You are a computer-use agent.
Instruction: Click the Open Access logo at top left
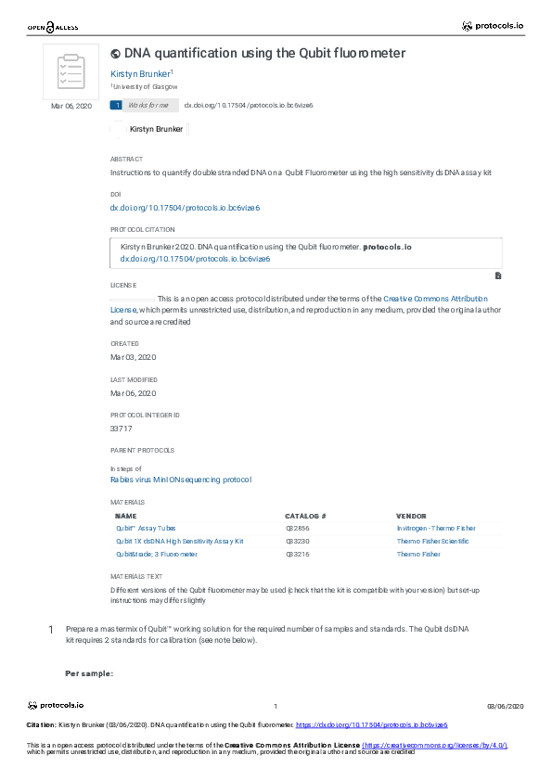(x=53, y=28)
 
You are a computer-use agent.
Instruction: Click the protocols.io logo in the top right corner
(x=494, y=26)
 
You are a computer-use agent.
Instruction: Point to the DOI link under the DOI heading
(x=185, y=209)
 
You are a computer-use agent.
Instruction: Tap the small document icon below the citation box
(x=498, y=275)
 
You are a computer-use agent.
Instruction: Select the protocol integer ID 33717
(x=122, y=429)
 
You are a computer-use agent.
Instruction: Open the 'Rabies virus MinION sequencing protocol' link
(x=181, y=480)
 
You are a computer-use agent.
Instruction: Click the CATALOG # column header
(x=305, y=515)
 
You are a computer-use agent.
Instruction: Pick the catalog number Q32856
(x=298, y=528)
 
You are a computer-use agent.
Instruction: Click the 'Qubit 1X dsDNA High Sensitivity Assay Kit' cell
(x=179, y=541)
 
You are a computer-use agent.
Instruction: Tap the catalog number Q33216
(x=298, y=554)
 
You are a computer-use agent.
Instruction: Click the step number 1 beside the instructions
(x=50, y=631)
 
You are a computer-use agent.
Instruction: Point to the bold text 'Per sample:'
(x=89, y=672)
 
